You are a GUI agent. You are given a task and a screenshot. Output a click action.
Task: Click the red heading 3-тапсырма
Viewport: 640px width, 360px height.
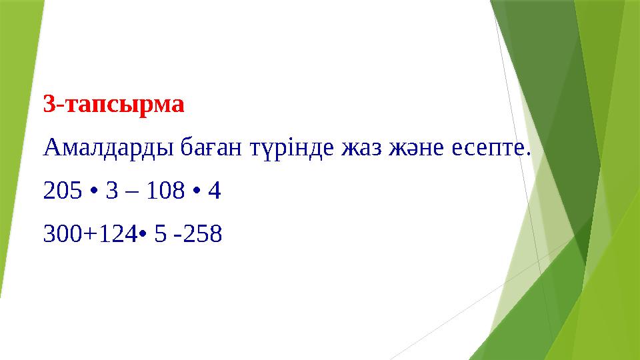113,105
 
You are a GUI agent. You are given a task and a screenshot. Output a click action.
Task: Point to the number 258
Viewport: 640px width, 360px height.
203,234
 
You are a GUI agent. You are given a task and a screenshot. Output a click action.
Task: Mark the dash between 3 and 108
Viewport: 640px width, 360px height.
133,193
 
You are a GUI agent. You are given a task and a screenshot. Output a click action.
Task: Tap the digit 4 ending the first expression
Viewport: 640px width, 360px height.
214,192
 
